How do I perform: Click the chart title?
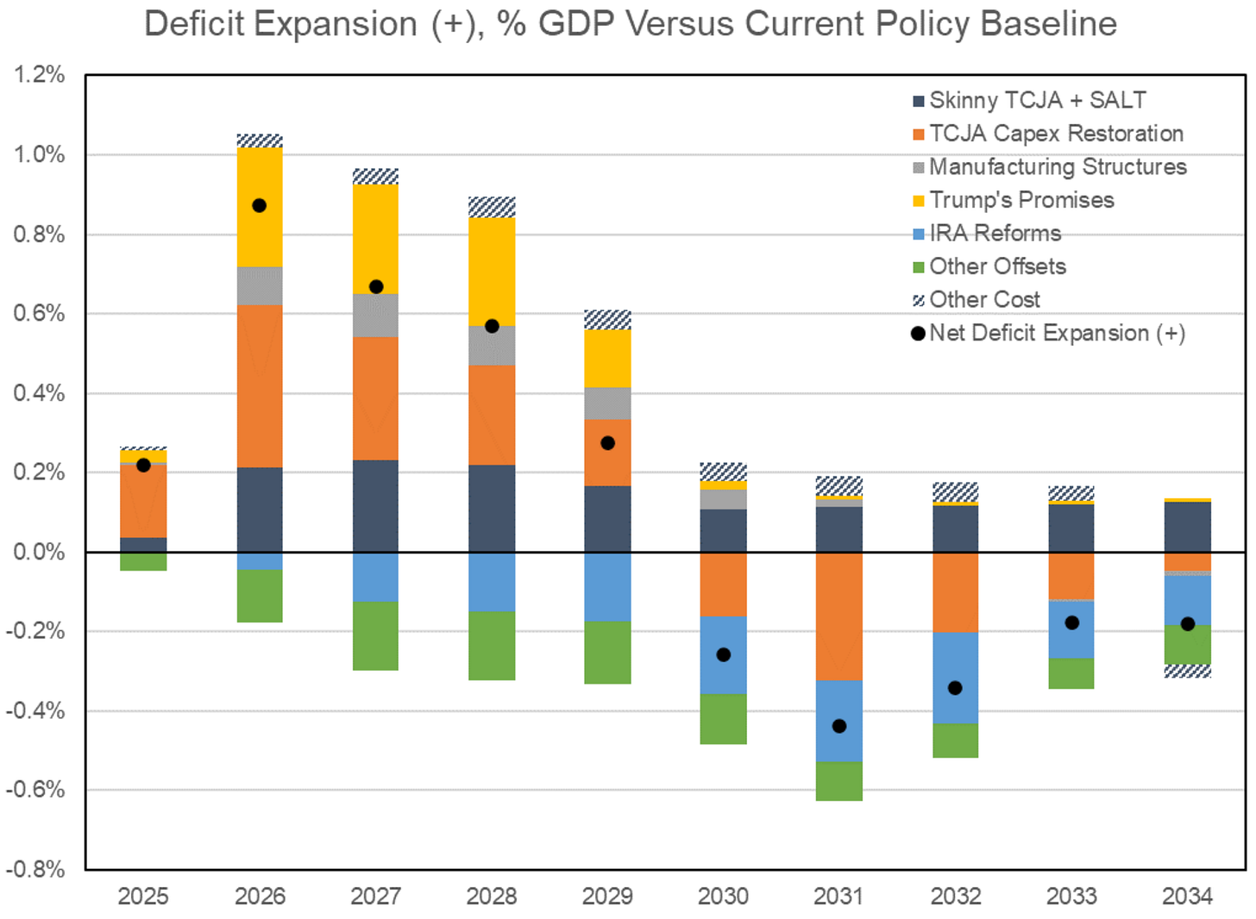(x=630, y=24)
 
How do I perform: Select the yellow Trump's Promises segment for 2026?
(x=260, y=233)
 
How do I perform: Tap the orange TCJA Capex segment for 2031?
(x=838, y=616)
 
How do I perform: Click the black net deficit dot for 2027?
(x=376, y=286)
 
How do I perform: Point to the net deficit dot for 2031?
(x=838, y=726)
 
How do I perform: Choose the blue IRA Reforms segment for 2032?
(x=955, y=678)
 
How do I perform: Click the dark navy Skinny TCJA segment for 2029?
(x=607, y=519)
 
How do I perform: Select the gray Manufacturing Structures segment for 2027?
(x=376, y=316)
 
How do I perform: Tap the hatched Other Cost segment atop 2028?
(x=492, y=207)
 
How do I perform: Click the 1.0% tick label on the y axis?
(x=39, y=155)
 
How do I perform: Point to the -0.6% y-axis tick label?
(x=35, y=790)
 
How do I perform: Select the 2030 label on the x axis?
(x=723, y=897)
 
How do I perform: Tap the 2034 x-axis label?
(x=1187, y=897)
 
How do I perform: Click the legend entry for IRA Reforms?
(x=995, y=234)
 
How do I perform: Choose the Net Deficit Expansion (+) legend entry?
(x=1056, y=334)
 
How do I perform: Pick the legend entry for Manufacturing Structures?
(x=1057, y=167)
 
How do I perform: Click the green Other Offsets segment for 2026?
(x=260, y=596)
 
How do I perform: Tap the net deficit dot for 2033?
(x=1071, y=622)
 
